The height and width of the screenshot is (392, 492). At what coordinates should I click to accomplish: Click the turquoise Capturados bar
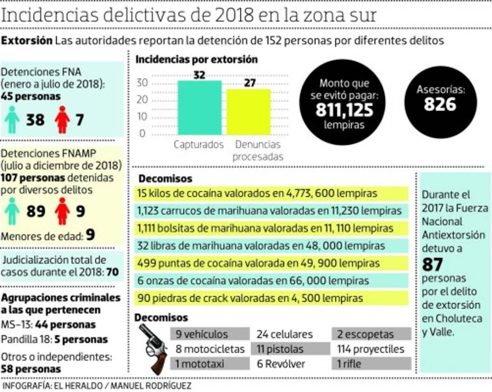pos(199,108)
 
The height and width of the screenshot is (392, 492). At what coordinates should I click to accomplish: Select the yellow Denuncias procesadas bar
pos(249,112)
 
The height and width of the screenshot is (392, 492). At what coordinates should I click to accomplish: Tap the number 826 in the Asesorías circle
pos(440,105)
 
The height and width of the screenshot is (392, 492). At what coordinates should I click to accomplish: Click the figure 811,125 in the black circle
pos(344,111)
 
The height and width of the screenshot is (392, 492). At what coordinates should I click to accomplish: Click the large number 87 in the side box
pos(432,264)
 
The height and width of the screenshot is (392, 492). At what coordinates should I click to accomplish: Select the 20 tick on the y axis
pos(143,100)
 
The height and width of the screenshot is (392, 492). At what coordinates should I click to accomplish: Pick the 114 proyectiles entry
pos(371,349)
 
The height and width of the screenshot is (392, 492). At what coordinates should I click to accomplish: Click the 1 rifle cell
pos(371,363)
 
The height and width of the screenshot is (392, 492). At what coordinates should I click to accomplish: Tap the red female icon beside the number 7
pos(62,120)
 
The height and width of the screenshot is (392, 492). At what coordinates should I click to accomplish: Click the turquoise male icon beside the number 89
pos(12,211)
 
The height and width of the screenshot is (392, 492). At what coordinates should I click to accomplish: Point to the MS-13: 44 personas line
pos(48,325)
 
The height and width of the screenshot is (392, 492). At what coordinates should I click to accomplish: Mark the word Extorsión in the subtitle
pos(27,41)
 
